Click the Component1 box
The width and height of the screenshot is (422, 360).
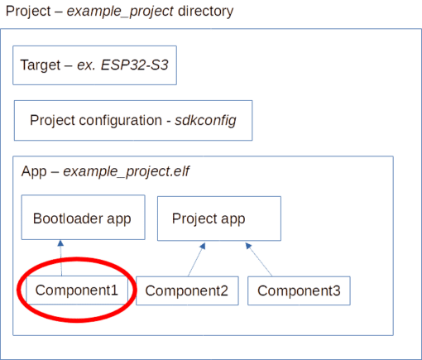coord(77,290)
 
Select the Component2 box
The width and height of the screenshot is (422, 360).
coord(187,290)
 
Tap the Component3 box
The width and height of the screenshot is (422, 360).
coord(299,290)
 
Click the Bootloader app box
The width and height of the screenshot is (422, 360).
coord(84,218)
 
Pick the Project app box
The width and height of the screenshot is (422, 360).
coord(219,218)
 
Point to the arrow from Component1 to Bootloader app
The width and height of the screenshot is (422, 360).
coord(61,258)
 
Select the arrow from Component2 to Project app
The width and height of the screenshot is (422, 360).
coord(197,259)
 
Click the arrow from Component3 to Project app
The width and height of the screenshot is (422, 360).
coord(259,259)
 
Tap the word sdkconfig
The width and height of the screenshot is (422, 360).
coord(205,121)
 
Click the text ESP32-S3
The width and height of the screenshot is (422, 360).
coord(134,65)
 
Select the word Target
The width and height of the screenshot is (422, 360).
coord(41,65)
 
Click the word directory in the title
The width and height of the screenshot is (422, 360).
coord(206,12)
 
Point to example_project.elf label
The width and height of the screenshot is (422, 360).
coord(126,171)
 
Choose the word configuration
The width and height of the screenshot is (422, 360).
coord(121,121)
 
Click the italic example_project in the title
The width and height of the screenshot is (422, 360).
coord(120,12)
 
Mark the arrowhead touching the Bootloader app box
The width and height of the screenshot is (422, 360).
coord(60,243)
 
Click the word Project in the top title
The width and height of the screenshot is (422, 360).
coord(28,12)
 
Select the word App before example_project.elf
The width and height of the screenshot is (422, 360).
coord(34,171)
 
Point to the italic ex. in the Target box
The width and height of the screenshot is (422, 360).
coord(86,65)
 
